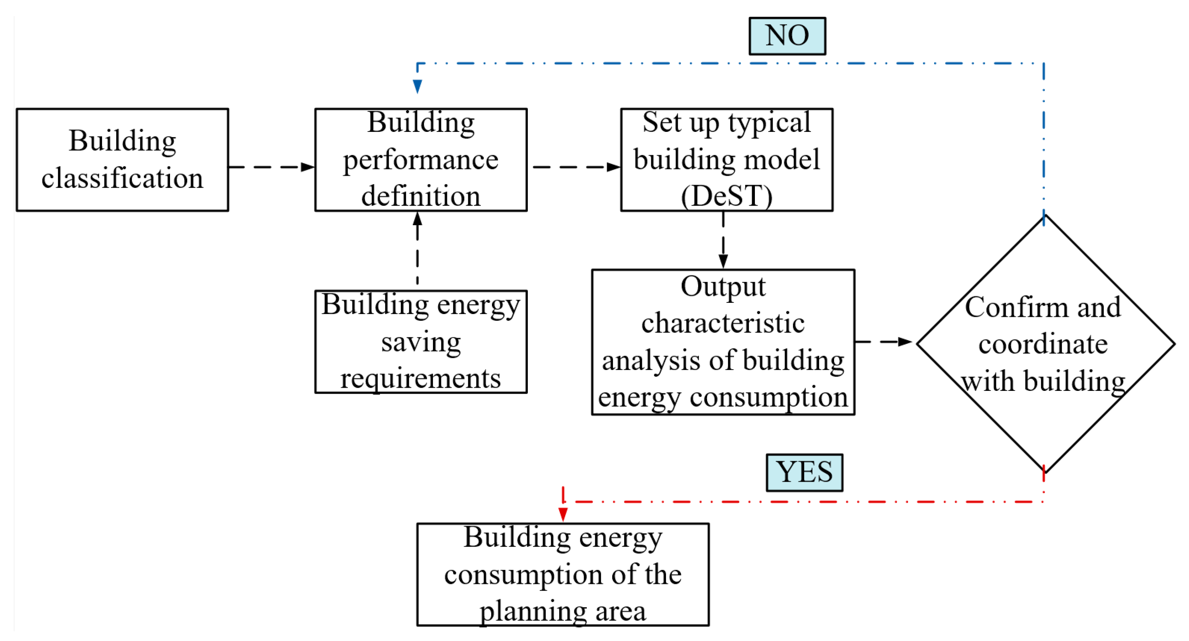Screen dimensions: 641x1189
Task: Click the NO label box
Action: click(787, 36)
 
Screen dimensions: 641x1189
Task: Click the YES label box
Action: click(804, 473)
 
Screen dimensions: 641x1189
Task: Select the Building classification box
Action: click(122, 160)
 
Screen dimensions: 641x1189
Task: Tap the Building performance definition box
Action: click(420, 160)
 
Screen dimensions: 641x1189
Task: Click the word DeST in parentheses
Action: click(726, 196)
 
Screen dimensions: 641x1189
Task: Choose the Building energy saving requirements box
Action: click(420, 342)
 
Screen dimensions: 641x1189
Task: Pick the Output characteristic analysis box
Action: click(723, 342)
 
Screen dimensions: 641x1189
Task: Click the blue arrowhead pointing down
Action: click(417, 86)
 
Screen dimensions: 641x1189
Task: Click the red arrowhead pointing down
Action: click(563, 514)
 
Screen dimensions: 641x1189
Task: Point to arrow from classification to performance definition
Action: click(271, 167)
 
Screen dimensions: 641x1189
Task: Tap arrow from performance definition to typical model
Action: click(576, 167)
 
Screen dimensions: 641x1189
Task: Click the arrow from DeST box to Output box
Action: click(723, 240)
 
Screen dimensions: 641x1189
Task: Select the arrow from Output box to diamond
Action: click(884, 342)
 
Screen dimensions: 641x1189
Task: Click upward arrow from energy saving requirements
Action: click(417, 247)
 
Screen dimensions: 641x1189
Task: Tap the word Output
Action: click(723, 287)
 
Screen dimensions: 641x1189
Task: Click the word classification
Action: click(122, 178)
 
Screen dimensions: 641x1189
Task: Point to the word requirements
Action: click(420, 379)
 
